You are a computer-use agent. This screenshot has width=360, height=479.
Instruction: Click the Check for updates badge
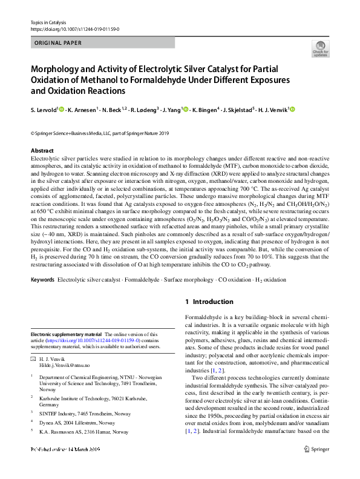321,49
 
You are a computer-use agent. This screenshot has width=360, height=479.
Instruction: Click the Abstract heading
42,150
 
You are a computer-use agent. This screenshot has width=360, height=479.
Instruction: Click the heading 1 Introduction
208,302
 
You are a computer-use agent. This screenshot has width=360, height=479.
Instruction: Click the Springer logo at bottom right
315,467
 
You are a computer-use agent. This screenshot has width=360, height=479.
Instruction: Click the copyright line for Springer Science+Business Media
100,133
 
